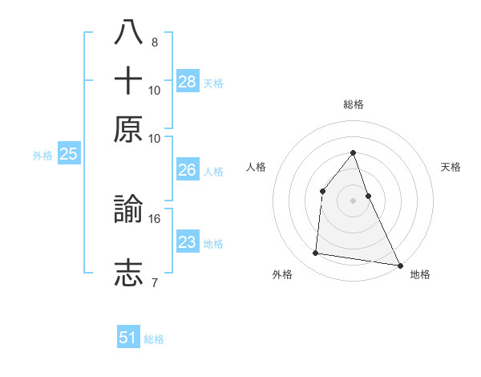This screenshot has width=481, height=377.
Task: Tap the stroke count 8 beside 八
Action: (154, 43)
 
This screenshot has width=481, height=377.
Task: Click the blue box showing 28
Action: (188, 82)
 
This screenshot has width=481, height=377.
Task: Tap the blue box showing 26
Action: (188, 170)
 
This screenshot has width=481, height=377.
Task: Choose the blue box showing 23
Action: (188, 242)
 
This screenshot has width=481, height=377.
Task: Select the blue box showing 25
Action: (68, 154)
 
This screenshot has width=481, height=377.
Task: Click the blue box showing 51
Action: (128, 338)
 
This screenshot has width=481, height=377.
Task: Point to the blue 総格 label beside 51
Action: (154, 339)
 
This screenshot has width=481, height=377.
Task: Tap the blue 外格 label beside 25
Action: (42, 156)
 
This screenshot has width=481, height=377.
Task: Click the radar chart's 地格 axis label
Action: (420, 274)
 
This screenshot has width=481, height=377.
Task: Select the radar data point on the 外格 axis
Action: (316, 253)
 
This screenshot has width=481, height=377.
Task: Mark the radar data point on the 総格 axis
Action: (353, 152)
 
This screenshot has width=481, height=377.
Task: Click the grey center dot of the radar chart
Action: (353, 201)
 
